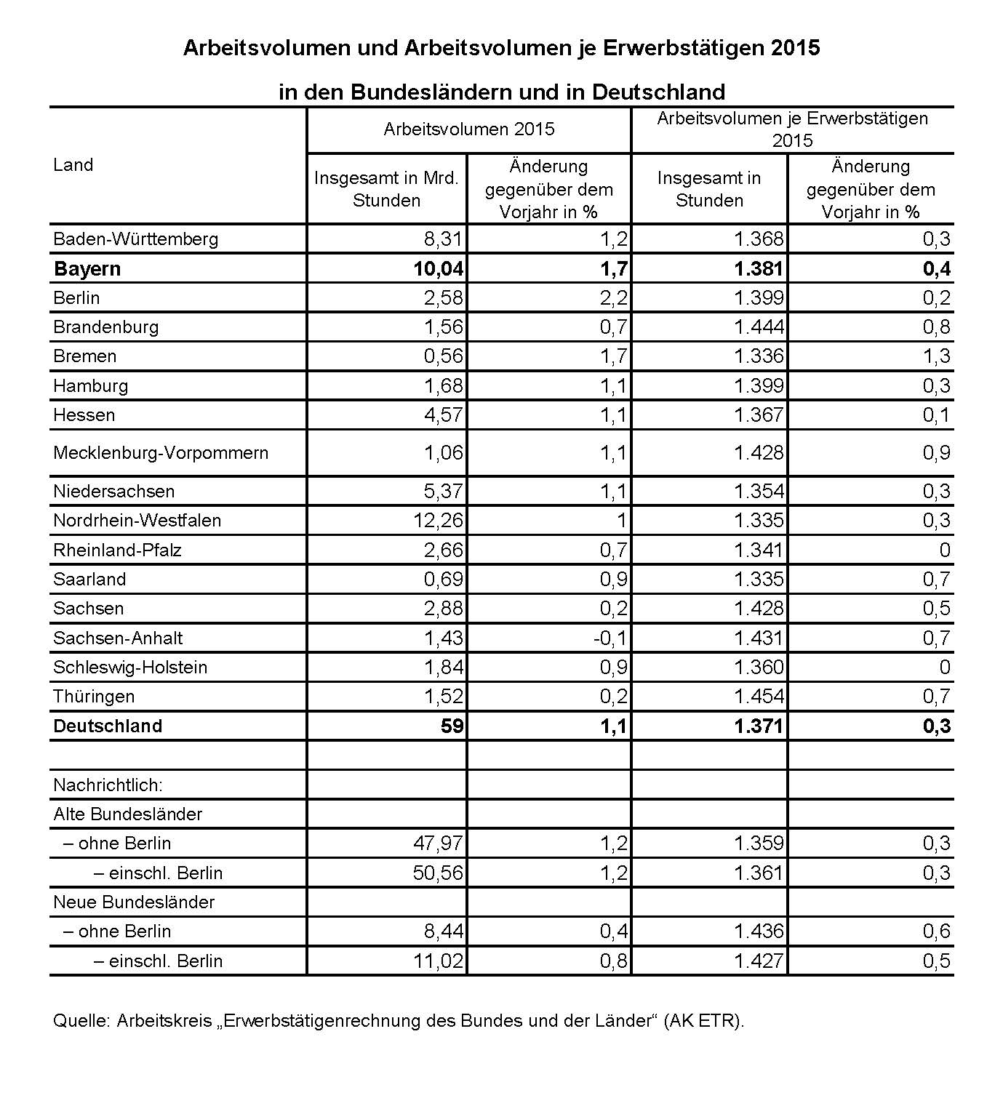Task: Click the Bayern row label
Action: (x=87, y=269)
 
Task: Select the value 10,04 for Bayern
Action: (x=439, y=269)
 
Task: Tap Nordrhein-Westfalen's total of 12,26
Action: (x=438, y=521)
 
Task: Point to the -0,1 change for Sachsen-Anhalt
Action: (x=610, y=638)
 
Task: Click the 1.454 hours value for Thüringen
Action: (x=759, y=697)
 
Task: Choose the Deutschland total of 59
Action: (x=452, y=726)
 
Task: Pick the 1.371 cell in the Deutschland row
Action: (x=759, y=726)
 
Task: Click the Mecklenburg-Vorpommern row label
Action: (x=161, y=453)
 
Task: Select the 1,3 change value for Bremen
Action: (x=936, y=356)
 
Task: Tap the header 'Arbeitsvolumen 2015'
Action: (x=469, y=129)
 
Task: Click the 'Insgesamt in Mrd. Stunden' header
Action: (x=386, y=189)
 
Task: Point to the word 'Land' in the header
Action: (x=73, y=165)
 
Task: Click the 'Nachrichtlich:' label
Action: (x=108, y=785)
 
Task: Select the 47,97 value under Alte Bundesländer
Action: (x=438, y=843)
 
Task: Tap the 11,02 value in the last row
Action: (x=438, y=961)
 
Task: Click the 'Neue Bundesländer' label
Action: (x=134, y=902)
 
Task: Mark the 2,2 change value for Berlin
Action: (x=614, y=298)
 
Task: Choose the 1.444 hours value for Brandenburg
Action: (x=759, y=327)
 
